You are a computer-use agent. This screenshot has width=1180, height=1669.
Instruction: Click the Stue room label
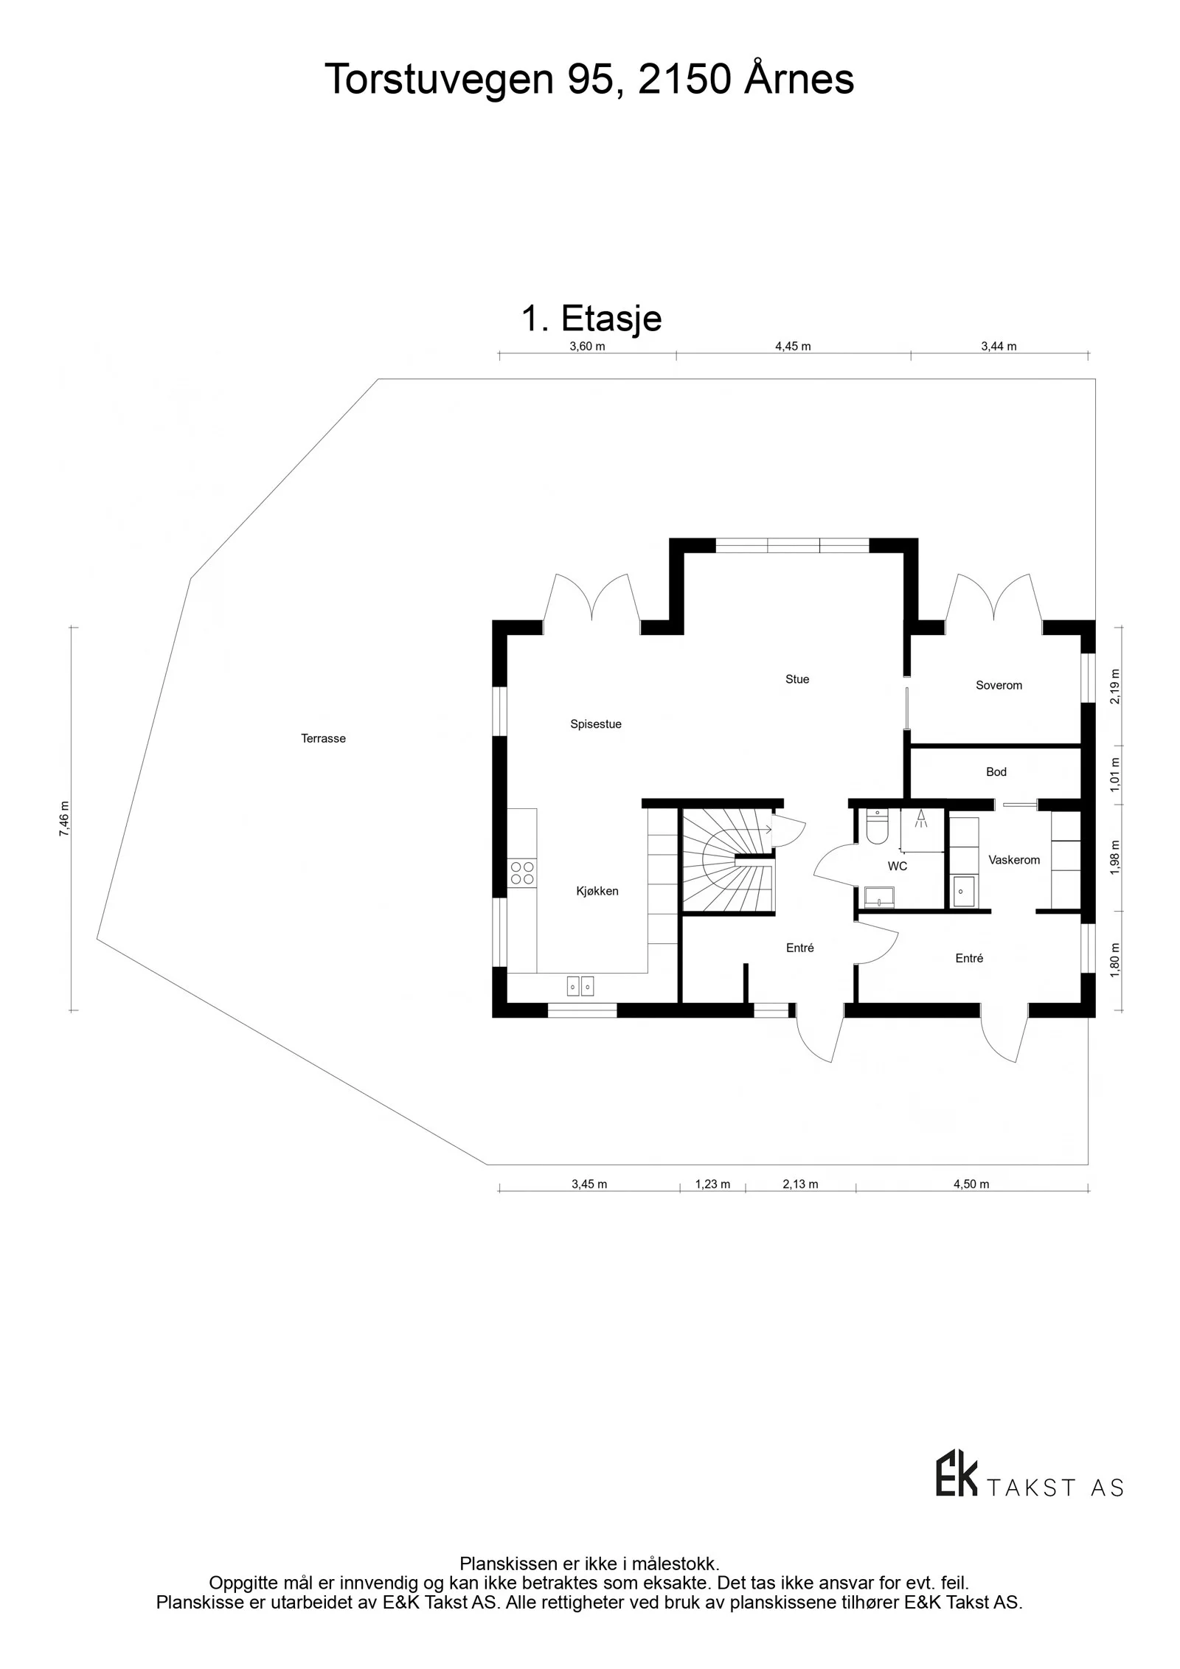coord(796,679)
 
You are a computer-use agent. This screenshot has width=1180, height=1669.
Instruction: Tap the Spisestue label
coord(596,724)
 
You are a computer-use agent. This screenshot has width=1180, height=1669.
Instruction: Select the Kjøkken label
coord(597,891)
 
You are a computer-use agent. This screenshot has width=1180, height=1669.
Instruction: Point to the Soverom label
coord(999,685)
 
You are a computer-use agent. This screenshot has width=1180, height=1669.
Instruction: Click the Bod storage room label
coord(996,772)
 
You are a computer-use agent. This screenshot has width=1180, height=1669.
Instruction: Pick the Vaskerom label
coord(1014,860)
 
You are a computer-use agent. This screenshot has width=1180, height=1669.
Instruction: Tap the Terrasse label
coord(323,738)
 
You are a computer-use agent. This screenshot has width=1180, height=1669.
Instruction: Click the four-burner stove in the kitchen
coord(522,873)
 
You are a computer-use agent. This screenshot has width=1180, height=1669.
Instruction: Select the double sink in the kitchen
coord(580,985)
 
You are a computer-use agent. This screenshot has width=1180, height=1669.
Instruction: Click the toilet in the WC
coord(877,826)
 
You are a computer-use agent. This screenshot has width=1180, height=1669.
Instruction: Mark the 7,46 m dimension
coord(64,819)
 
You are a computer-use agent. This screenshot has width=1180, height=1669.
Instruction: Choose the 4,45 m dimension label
coord(793,347)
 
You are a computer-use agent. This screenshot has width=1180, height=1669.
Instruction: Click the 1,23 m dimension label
coord(712,1184)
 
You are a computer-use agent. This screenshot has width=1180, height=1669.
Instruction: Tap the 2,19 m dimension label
coord(1114,687)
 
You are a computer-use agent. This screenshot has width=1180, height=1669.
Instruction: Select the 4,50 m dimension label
coord(971,1184)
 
